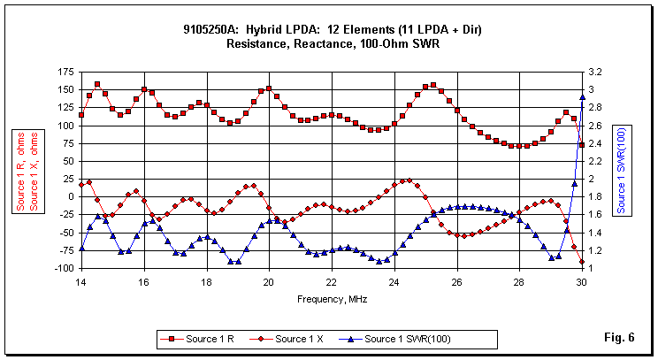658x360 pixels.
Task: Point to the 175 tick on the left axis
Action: pos(64,72)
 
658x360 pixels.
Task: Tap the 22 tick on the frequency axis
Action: pos(331,283)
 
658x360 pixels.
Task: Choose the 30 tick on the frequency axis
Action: pos(581,283)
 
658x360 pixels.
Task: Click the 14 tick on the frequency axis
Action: pos(80,283)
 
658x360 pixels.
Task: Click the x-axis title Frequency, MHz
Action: pos(330,298)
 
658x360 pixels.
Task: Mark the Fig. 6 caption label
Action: pos(618,337)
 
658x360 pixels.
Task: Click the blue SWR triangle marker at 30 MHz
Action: pos(582,97)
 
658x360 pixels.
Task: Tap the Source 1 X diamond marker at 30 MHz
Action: pos(582,263)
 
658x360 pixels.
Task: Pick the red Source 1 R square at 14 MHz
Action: pos(81,115)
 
